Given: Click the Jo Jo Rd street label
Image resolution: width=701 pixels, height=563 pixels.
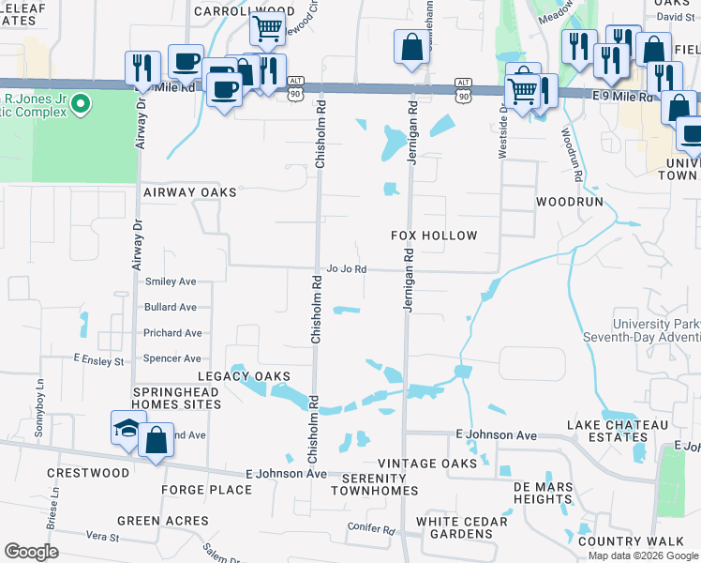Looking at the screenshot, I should (x=345, y=269).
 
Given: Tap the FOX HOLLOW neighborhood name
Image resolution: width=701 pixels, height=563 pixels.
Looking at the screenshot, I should (x=434, y=236).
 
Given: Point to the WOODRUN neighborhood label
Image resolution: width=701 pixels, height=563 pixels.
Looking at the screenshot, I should (x=567, y=202).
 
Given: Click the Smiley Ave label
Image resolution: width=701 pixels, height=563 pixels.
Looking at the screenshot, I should (x=170, y=281).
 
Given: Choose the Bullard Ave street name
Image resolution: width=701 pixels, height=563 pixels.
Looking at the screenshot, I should (x=170, y=307).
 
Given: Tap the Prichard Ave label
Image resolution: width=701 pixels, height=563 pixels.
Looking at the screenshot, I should (x=172, y=333).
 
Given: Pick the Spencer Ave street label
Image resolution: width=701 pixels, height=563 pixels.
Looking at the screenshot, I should (x=172, y=358).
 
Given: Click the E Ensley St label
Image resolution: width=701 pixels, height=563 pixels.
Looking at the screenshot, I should (x=99, y=360).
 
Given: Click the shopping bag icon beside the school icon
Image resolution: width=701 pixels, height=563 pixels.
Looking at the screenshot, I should (x=156, y=439).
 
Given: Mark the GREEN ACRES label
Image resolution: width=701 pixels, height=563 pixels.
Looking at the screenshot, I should (x=162, y=521).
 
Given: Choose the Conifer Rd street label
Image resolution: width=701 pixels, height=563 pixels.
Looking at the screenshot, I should (x=369, y=528).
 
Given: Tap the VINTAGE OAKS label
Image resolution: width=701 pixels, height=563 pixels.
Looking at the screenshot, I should (x=426, y=464).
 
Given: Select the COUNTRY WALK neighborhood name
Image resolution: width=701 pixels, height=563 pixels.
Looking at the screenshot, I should (x=631, y=541).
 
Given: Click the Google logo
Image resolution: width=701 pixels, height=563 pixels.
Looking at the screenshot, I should (x=32, y=552).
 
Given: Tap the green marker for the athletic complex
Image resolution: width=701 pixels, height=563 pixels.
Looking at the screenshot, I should (x=81, y=102).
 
